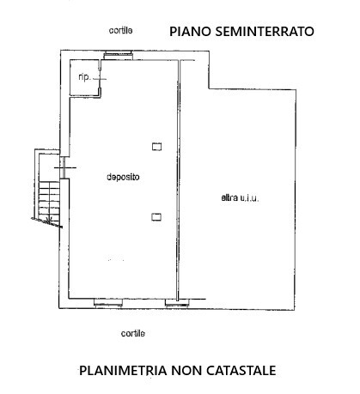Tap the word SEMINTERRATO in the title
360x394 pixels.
click(265, 31)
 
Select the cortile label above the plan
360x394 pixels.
click(120, 30)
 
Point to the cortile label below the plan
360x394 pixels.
click(133, 333)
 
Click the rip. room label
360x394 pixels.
click(84, 77)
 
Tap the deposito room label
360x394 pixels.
click(123, 177)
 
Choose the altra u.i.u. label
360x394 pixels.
click(240, 197)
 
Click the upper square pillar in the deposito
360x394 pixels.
click(156, 147)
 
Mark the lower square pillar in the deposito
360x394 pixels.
click(156, 217)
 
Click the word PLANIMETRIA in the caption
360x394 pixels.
click(123, 371)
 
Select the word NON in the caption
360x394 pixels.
click(186, 371)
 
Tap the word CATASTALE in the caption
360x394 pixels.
click(241, 371)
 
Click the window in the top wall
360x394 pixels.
click(118, 55)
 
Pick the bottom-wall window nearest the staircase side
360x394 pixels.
click(108, 303)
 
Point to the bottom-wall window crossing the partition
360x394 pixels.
click(177, 303)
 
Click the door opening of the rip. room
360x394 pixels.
click(100, 78)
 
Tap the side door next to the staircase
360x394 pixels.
click(64, 167)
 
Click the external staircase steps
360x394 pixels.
click(49, 200)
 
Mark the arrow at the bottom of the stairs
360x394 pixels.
click(48, 221)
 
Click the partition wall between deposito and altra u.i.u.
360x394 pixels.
click(179, 180)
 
